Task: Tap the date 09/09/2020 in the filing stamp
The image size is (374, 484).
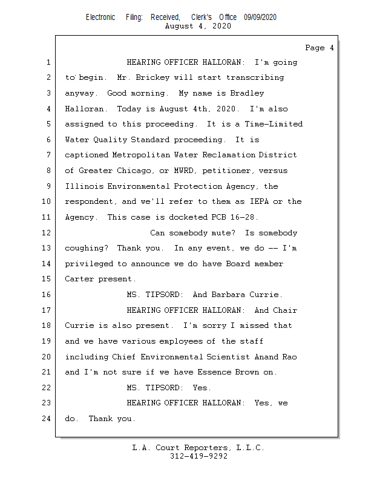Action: (260, 18)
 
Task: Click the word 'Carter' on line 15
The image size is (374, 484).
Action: (79, 280)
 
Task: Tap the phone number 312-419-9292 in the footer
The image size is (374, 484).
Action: (198, 456)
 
